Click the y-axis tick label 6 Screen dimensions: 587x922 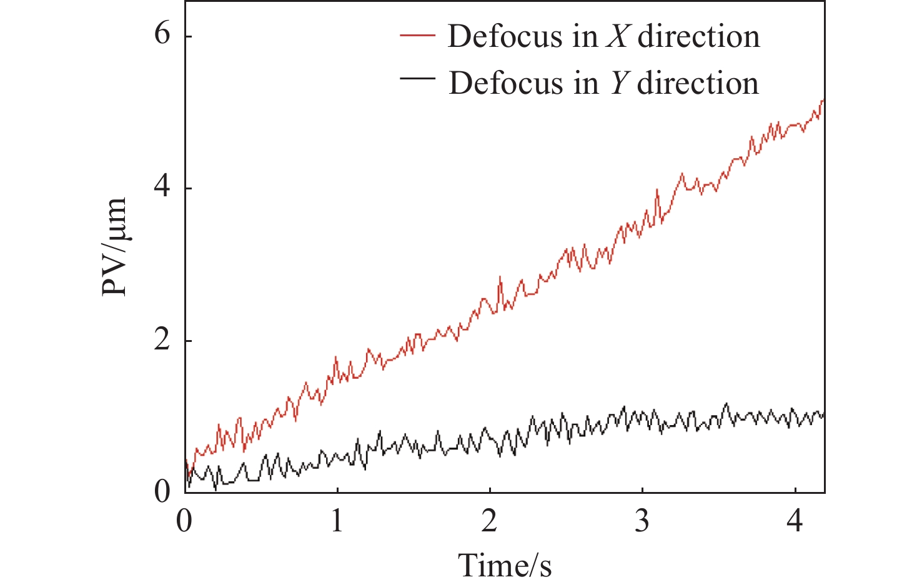(162, 34)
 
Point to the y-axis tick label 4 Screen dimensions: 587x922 (162, 187)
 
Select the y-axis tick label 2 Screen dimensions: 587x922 (162, 340)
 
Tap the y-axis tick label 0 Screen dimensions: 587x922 (162, 493)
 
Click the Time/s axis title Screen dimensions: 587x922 (505, 566)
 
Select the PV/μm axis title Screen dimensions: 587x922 (115, 247)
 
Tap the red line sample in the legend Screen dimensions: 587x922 (417, 36)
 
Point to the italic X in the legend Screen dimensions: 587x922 (618, 37)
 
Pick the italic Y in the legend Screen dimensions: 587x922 (618, 84)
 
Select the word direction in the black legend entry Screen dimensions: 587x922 (698, 84)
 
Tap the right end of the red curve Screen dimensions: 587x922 (824, 100)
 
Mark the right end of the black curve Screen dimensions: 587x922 (824, 414)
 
